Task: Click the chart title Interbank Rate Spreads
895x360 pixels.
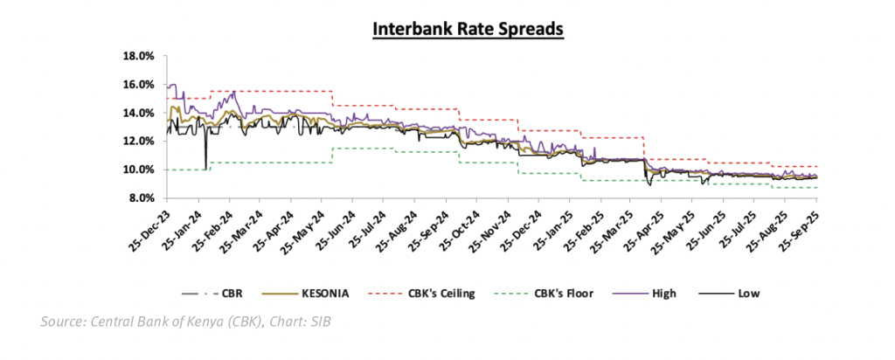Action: coord(468,29)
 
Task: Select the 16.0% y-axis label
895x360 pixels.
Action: coord(140,85)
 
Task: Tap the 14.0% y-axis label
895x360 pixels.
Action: coord(140,113)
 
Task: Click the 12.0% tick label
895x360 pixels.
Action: coord(140,141)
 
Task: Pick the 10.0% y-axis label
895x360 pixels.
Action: coord(140,170)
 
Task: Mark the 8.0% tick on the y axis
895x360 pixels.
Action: coord(142,198)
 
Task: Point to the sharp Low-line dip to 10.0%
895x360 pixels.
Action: coord(205,168)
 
